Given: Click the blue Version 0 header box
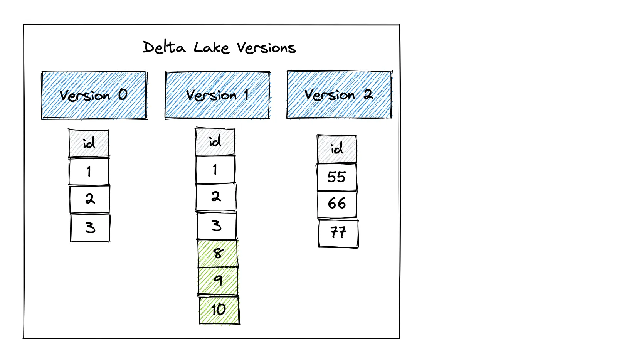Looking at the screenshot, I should click(x=94, y=95).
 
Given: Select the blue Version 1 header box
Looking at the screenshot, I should click(x=217, y=95).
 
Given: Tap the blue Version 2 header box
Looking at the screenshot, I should click(x=339, y=95).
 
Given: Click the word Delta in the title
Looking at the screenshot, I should click(x=164, y=48).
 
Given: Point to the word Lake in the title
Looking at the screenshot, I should click(x=211, y=48).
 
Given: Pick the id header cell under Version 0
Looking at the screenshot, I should click(x=89, y=143).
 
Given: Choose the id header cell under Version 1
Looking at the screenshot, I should click(x=215, y=141).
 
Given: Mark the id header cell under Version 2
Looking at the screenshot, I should click(x=337, y=149).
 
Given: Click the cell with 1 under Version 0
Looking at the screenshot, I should click(x=89, y=172).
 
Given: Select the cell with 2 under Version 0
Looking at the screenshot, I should click(x=90, y=199).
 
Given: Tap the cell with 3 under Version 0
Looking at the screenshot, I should click(x=90, y=228).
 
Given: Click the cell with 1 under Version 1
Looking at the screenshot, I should click(x=215, y=170).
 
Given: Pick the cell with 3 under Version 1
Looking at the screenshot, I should click(x=217, y=226).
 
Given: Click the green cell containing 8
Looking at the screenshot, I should click(x=218, y=254).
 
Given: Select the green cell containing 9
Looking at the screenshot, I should click(x=218, y=281).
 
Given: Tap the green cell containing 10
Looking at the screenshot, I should click(x=219, y=310).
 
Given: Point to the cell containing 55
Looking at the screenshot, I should click(x=337, y=177).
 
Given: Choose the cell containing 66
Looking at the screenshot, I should click(x=337, y=204).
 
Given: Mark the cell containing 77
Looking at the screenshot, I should click(x=338, y=233).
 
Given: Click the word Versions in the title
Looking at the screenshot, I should click(x=266, y=48).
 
